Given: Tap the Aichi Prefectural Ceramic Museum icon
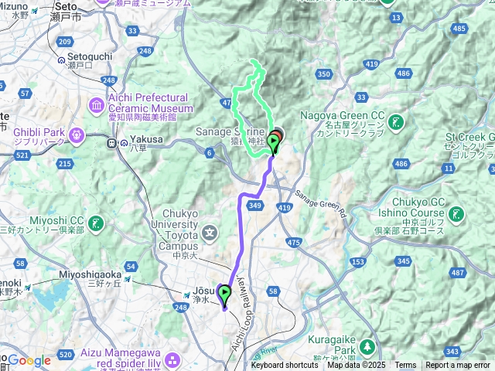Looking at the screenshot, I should pos(96,104).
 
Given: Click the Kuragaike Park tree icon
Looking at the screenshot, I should pos(370,345).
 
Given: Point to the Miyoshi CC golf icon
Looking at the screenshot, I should pos(96,223).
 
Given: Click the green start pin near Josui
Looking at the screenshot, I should pos(225,294).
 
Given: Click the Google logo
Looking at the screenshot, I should pos(29,360).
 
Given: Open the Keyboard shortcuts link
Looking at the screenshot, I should pos(285,366).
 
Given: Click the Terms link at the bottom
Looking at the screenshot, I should pos(405,366).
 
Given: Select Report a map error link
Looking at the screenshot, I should pos(458,366).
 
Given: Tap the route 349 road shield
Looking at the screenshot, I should pos(255,205).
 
